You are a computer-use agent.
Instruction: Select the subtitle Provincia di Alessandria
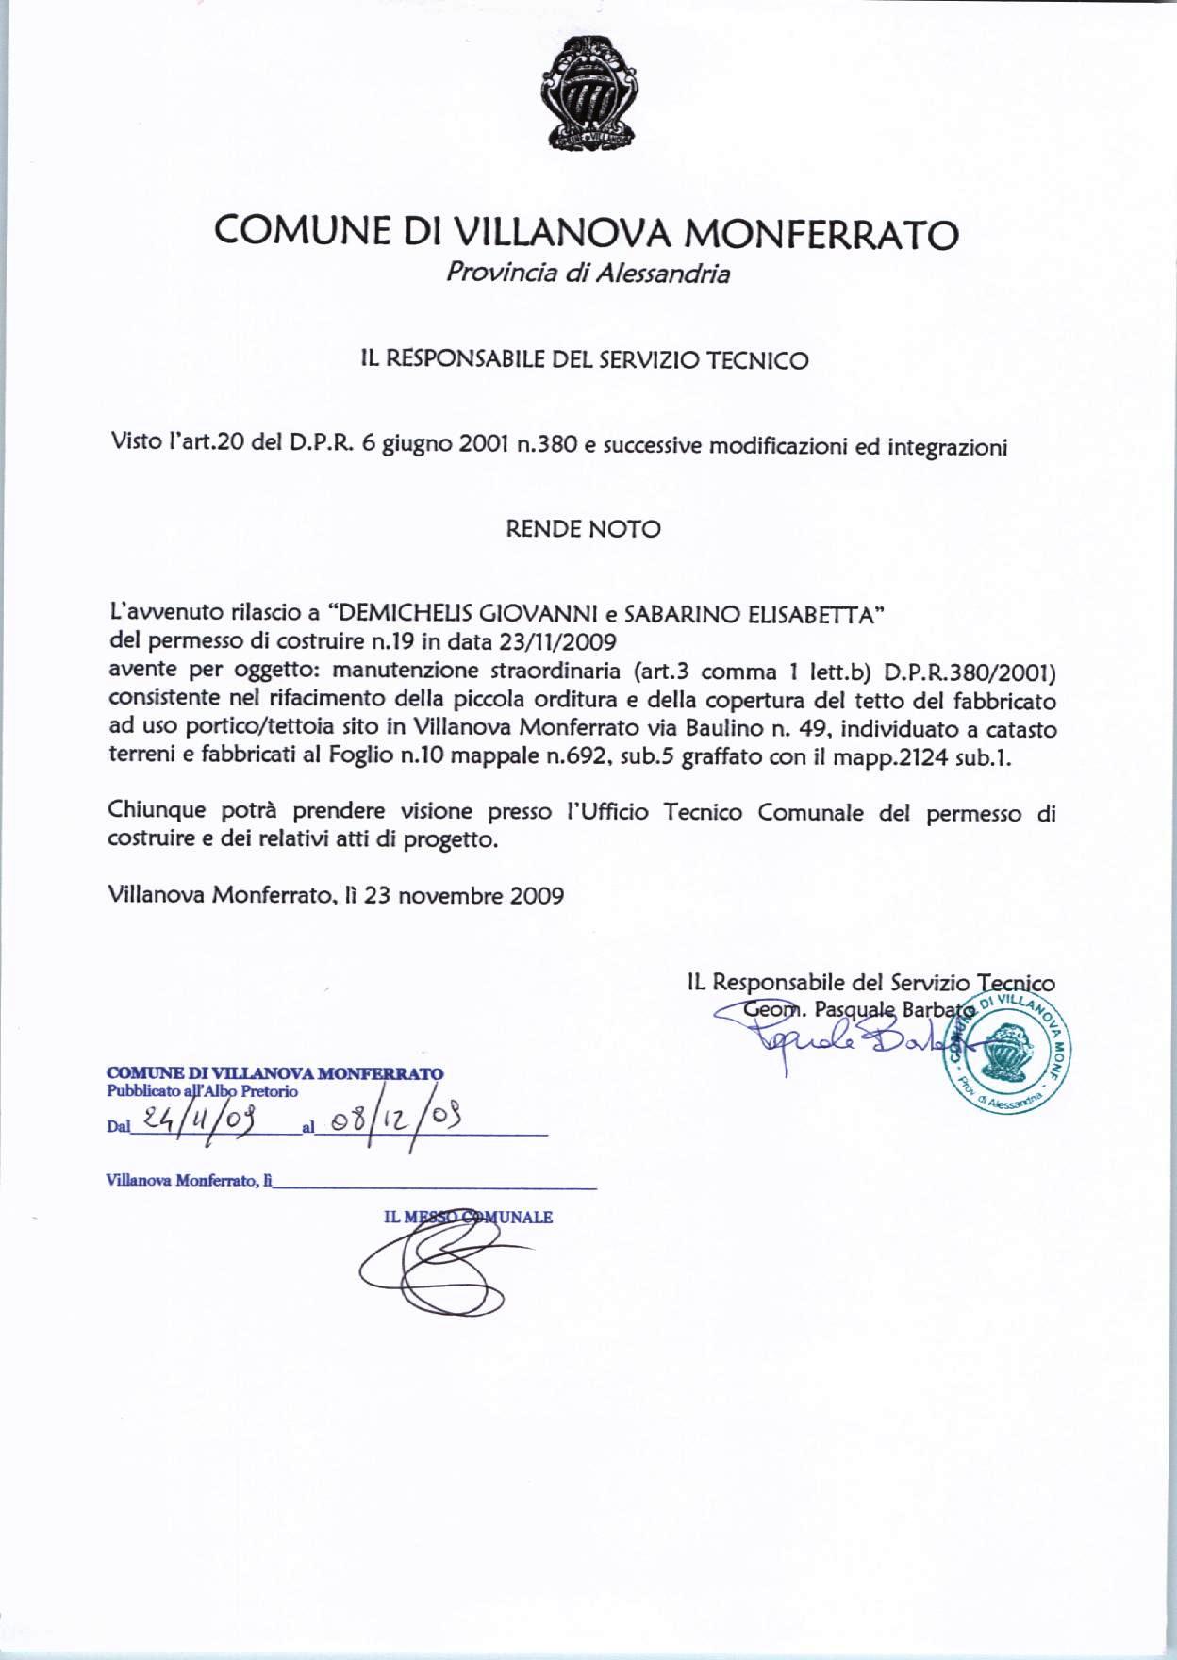[x=588, y=274]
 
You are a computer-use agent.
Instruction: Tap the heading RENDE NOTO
[x=584, y=529]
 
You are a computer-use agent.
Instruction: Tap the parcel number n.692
[x=582, y=757]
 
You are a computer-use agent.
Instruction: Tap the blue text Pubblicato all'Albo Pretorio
[x=203, y=1091]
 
